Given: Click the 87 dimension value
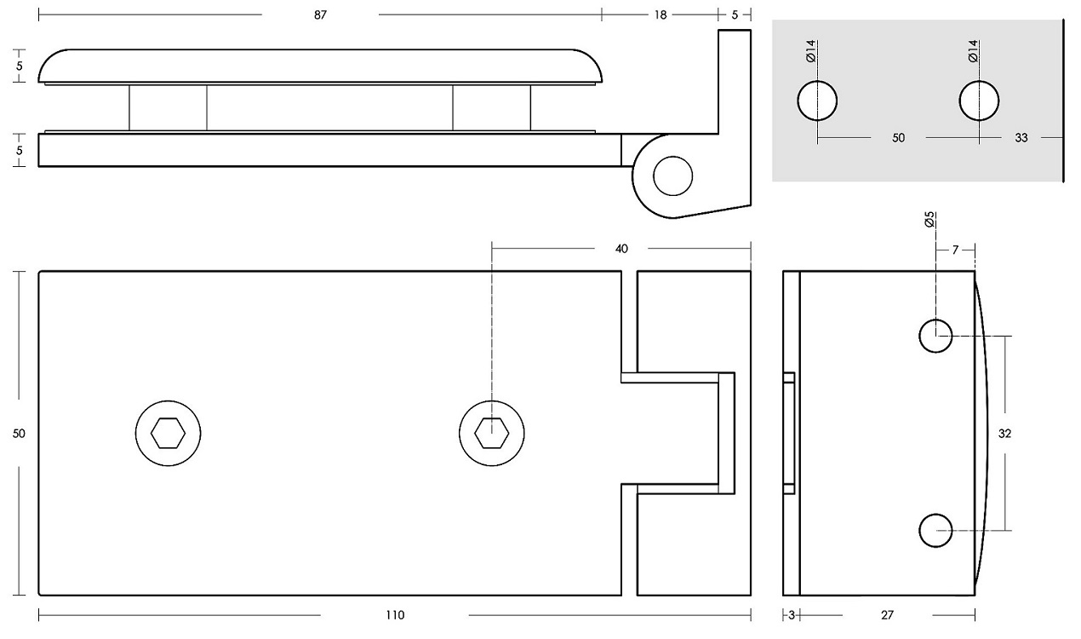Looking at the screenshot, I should pyautogui.click(x=320, y=14).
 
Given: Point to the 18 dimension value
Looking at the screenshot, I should pyautogui.click(x=661, y=14).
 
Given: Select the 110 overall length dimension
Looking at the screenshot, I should pyautogui.click(x=395, y=615).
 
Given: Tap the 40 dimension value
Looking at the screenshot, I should pyautogui.click(x=621, y=248).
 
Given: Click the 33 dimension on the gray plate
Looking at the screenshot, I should pyautogui.click(x=1021, y=137).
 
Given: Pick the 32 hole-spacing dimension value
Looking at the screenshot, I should pyautogui.click(x=1004, y=433).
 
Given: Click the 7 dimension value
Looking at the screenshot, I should pyautogui.click(x=955, y=250).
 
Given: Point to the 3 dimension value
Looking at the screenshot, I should pyautogui.click(x=791, y=615).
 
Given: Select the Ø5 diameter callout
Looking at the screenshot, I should pyautogui.click(x=929, y=220).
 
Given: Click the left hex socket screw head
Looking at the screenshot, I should pyautogui.click(x=168, y=433).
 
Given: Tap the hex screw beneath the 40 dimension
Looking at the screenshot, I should pyautogui.click(x=491, y=433).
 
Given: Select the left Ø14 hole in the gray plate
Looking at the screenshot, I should pyautogui.click(x=817, y=101).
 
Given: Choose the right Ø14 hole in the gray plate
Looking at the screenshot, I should pyautogui.click(x=979, y=101).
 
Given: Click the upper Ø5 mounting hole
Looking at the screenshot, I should pyautogui.click(x=935, y=336).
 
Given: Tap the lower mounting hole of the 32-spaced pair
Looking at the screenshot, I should pyautogui.click(x=935, y=530).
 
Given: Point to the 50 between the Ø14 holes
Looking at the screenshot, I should pyautogui.click(x=898, y=137).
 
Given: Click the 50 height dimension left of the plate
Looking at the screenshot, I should pyautogui.click(x=20, y=433).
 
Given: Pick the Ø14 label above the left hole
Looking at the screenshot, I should pyautogui.click(x=810, y=51).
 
